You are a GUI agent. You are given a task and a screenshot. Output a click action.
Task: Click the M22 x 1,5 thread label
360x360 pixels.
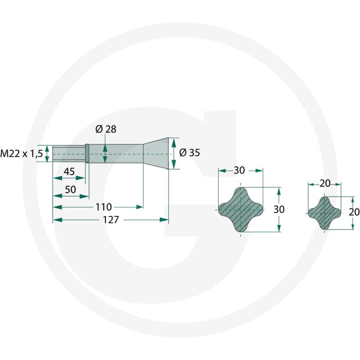[22, 153]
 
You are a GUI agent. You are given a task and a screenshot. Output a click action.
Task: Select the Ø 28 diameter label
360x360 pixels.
[106, 129]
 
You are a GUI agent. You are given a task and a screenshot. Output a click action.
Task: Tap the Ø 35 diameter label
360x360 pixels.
[189, 153]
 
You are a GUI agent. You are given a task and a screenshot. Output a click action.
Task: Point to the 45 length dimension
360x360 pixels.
[69, 171]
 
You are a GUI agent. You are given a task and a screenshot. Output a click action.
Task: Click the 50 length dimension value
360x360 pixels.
[71, 189]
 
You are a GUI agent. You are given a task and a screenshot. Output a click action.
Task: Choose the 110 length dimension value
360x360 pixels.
[103, 207]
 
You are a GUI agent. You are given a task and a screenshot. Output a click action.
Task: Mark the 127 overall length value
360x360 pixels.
[111, 220]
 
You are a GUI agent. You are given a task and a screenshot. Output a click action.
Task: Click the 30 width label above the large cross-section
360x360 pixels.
[239, 171]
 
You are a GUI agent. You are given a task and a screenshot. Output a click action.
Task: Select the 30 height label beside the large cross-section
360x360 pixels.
[279, 209]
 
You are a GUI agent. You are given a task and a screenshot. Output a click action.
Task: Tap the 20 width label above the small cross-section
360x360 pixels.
[325, 183]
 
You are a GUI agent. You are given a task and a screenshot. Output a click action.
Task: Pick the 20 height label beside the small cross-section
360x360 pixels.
[354, 212]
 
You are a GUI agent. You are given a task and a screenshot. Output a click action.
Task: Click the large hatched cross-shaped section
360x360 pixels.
[240, 210]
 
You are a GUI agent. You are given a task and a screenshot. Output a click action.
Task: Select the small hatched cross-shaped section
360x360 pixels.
[324, 213]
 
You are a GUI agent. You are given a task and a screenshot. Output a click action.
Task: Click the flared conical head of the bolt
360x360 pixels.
[156, 153]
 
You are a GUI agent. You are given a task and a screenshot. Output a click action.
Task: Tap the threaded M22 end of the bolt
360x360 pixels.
[69, 153]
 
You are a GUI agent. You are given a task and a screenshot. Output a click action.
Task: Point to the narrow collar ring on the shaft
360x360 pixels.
[87, 153]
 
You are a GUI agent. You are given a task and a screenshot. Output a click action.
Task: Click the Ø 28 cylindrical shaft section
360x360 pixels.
[116, 153]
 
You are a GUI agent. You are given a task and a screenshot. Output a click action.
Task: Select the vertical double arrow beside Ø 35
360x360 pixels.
[174, 153]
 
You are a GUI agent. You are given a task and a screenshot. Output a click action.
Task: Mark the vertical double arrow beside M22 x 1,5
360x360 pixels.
[47, 153]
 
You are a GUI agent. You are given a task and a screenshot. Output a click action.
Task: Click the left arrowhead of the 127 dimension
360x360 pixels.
[58, 220]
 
